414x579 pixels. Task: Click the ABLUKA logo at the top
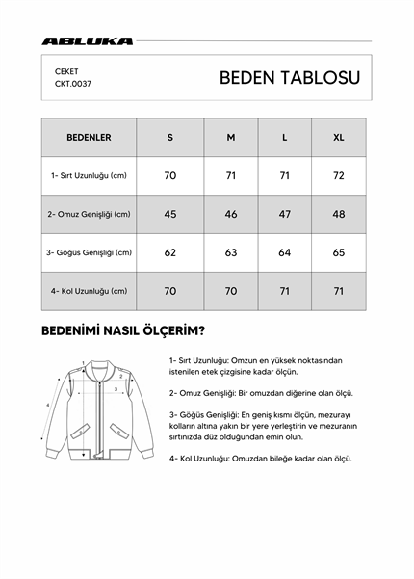click(x=88, y=41)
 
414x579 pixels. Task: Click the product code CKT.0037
click(x=73, y=84)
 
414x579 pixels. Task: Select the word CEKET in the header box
click(x=66, y=71)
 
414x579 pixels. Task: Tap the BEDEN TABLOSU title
click(x=289, y=78)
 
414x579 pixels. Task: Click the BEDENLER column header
click(x=89, y=138)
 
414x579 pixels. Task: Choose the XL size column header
click(x=338, y=138)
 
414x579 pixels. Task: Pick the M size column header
click(x=231, y=138)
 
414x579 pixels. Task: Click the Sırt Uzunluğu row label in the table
click(x=89, y=176)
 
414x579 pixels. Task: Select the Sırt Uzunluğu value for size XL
click(x=338, y=176)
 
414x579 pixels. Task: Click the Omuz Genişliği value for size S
click(x=170, y=214)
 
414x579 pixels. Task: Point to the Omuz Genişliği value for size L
click(x=284, y=214)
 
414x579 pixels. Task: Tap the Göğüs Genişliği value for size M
click(x=231, y=252)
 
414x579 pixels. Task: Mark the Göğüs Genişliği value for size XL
click(x=338, y=252)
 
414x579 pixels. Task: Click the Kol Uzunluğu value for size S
click(x=170, y=290)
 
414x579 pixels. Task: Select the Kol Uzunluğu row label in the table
click(x=89, y=290)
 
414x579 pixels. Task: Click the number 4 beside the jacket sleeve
click(x=48, y=405)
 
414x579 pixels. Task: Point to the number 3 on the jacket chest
click(x=116, y=390)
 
